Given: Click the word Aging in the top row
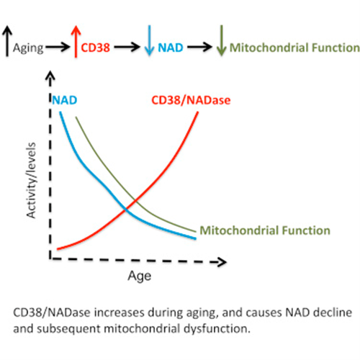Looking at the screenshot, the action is click(28, 48).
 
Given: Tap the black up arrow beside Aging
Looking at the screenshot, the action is click(7, 41).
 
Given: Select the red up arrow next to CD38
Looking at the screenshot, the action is click(76, 42).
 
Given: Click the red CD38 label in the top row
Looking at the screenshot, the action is click(95, 48).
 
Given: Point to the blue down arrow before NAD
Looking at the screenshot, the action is click(149, 40).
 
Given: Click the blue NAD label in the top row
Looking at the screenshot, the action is click(171, 48).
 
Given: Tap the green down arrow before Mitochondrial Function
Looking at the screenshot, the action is click(221, 40).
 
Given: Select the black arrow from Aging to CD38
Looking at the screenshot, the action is click(58, 47).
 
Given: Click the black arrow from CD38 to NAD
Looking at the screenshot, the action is click(127, 47).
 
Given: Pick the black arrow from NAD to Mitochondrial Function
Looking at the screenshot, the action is click(199, 47).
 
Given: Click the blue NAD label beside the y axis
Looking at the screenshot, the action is click(65, 100).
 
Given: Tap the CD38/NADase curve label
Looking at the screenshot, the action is click(191, 100).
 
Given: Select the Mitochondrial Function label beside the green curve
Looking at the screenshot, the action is click(265, 230).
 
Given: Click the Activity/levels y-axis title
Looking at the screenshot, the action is click(31, 180).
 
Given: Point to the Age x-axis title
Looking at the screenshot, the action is click(140, 276).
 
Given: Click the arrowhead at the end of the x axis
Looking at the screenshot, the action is click(222, 262).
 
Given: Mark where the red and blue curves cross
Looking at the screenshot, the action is click(125, 210).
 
